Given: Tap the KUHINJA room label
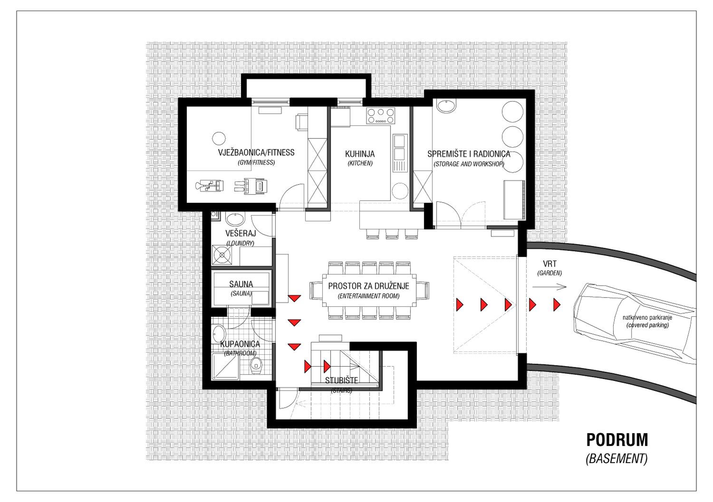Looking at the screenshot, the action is click(360, 154).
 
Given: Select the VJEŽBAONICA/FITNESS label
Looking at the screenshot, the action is click(256, 152).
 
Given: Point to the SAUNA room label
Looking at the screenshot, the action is click(241, 284).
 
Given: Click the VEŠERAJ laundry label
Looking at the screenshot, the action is click(241, 233).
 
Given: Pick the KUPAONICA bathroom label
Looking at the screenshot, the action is click(240, 344).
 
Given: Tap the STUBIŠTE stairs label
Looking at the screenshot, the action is click(342, 380).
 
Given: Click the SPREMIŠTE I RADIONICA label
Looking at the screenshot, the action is click(469, 154).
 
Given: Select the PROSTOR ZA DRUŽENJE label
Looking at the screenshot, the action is click(369, 286).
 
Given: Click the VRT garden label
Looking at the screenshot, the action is click(550, 264).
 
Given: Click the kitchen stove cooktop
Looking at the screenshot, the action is click(381, 116).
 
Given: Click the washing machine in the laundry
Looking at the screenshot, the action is click(222, 255).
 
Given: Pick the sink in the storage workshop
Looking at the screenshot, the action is click(446, 105).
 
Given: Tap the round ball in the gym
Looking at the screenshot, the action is click(219, 138).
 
